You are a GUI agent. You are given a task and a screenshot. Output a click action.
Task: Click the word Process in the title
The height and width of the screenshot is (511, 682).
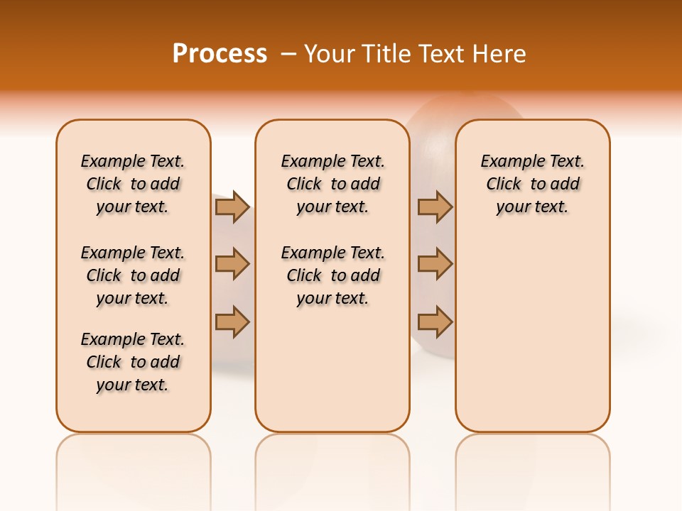pyautogui.click(x=220, y=53)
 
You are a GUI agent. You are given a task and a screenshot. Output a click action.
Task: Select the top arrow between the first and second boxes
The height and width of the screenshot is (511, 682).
pyautogui.click(x=232, y=207)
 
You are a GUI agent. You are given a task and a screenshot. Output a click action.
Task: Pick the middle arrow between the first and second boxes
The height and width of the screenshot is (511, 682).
pyautogui.click(x=232, y=264)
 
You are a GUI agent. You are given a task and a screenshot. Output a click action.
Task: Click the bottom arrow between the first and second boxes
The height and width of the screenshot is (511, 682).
pyautogui.click(x=232, y=322)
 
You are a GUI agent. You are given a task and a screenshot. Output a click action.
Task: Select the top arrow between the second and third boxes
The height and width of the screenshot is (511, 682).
pyautogui.click(x=435, y=207)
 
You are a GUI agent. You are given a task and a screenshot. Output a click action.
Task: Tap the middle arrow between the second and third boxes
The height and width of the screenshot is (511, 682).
pyautogui.click(x=435, y=264)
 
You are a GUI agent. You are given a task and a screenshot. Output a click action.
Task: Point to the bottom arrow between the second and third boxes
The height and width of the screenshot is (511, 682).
pyautogui.click(x=435, y=322)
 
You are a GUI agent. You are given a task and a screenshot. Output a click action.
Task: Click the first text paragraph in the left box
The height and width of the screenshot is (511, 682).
pyautogui.click(x=133, y=184)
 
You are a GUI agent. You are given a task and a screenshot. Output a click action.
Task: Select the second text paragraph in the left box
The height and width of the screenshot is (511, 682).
pyautogui.click(x=133, y=275)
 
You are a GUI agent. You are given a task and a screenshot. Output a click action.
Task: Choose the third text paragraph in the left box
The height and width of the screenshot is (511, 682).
pyautogui.click(x=133, y=362)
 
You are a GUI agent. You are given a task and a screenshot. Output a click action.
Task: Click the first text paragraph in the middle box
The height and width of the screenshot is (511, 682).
pyautogui.click(x=332, y=184)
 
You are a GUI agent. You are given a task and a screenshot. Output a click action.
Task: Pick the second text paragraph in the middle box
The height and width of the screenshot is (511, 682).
pyautogui.click(x=332, y=275)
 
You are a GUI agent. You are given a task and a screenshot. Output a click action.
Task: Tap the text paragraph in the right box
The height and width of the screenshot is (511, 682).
pyautogui.click(x=533, y=184)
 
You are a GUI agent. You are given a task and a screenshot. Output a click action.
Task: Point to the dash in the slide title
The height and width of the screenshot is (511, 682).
pyautogui.click(x=288, y=54)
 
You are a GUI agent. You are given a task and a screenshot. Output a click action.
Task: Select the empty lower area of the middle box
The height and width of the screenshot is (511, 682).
pyautogui.click(x=332, y=369)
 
